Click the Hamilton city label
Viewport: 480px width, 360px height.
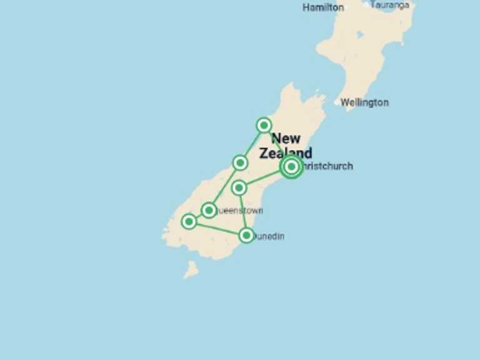323,7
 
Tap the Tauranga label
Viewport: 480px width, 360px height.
390,5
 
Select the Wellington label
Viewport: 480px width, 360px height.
364,102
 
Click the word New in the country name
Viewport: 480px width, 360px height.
286,138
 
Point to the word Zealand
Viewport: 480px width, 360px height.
286,153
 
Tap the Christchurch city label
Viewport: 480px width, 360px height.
326,166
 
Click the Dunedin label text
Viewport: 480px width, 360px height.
269,236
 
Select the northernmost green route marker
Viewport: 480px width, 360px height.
264,125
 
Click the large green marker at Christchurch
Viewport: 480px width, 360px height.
291,166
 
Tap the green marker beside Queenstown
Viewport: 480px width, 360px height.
209,209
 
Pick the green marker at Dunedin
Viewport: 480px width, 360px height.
246,235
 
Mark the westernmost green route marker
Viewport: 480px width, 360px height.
189,221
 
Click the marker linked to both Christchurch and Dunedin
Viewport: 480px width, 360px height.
239,187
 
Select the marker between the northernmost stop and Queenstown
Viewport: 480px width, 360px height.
240,163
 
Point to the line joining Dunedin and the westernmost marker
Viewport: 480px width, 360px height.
217,228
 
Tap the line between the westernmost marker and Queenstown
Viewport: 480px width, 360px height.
199,215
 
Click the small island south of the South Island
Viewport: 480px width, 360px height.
191,269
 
